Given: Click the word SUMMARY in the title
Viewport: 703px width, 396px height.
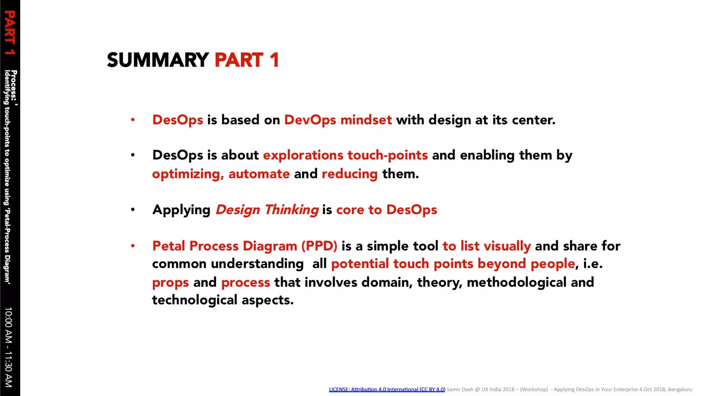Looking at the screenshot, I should click(x=158, y=60).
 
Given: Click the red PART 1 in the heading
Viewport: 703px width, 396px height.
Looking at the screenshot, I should click(x=247, y=60).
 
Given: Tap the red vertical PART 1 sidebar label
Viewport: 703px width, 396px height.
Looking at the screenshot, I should click(x=10, y=33).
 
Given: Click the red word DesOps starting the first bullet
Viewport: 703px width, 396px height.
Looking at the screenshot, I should click(x=177, y=120).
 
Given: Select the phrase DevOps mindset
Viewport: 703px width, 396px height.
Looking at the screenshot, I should click(x=338, y=120).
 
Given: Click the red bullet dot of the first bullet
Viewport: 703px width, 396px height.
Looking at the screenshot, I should click(x=133, y=120).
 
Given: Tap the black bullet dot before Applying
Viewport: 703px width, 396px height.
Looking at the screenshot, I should click(x=133, y=210).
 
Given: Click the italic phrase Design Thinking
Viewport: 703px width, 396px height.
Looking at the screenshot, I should click(x=267, y=210).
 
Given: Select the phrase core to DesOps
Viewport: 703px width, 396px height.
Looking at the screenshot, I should click(x=386, y=210).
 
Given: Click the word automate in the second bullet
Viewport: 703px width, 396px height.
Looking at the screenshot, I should click(x=259, y=174).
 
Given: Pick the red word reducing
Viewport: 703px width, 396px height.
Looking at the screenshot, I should click(x=349, y=174).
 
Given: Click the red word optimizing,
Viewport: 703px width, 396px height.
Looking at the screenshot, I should click(x=188, y=174).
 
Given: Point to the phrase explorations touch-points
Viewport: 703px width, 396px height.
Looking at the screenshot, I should click(x=345, y=155).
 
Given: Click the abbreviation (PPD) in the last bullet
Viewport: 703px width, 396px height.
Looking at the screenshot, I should click(x=319, y=246).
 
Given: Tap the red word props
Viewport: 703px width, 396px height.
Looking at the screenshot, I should click(x=170, y=283).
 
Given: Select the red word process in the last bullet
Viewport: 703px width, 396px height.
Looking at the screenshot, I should click(x=245, y=283).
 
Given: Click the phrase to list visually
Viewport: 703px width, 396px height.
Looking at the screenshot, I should click(x=486, y=246).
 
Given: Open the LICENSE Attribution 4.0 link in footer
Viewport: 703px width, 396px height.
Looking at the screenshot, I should click(x=387, y=389).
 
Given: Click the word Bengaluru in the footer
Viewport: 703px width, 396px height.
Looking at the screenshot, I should click(x=680, y=389).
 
